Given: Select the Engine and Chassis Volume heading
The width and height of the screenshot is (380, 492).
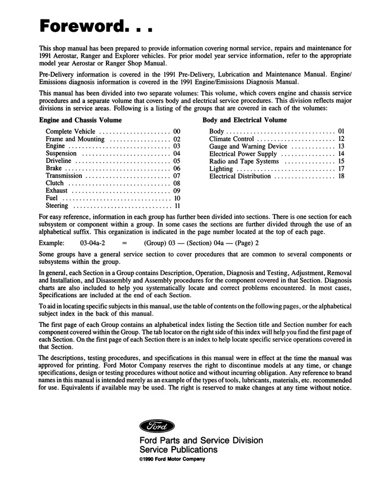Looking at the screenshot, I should [x=80, y=120].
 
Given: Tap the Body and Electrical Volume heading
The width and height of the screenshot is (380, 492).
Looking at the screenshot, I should [x=244, y=120].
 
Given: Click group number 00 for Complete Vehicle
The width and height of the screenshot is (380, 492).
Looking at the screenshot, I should [x=177, y=131].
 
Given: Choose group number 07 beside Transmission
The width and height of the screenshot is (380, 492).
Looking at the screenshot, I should [x=177, y=176].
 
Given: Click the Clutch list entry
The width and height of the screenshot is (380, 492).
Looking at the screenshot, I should [x=55, y=183].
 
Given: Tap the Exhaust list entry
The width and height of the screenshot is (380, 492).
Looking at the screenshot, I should [x=57, y=191].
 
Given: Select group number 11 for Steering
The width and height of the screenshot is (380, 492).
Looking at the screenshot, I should [x=177, y=206].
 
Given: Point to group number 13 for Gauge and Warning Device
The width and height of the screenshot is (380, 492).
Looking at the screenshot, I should [x=341, y=146].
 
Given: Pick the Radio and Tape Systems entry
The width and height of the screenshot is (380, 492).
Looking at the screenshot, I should [x=244, y=161].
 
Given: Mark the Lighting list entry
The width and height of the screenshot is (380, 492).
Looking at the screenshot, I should [x=221, y=169].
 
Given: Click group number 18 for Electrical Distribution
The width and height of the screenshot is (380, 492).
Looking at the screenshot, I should [x=341, y=176].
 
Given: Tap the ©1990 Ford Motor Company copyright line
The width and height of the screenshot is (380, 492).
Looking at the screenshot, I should [x=172, y=459].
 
